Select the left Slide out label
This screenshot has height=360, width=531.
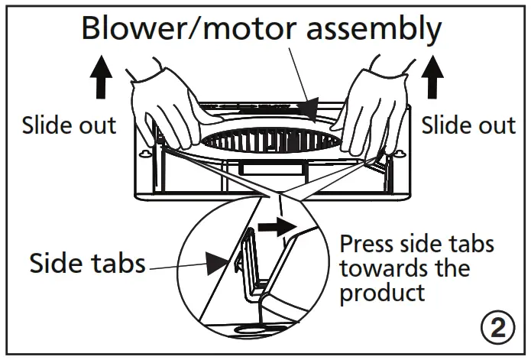69,125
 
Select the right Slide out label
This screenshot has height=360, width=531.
468,125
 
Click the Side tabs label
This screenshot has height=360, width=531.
87,264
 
